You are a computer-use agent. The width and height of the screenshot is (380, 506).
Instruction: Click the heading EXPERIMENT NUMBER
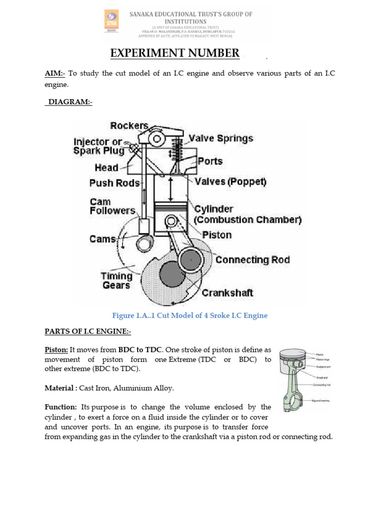point(174,53)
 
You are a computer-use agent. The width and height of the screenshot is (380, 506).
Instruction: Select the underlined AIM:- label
point(55,73)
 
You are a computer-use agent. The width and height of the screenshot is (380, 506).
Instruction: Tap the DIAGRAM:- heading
point(70,102)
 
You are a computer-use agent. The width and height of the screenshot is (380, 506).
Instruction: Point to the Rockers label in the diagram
point(130,126)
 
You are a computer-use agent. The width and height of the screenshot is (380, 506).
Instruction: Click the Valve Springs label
point(221,138)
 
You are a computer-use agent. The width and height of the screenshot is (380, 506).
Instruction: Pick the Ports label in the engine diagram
point(210,161)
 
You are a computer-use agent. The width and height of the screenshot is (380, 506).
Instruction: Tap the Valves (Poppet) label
point(231,182)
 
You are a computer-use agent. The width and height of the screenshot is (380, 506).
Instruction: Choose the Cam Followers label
point(112,206)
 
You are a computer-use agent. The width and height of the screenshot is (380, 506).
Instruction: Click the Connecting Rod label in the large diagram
point(253,259)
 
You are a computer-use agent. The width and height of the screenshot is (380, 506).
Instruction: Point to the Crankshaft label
point(228,293)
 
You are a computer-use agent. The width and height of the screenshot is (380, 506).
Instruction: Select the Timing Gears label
point(117,280)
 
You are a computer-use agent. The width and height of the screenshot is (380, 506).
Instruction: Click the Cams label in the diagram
point(102,239)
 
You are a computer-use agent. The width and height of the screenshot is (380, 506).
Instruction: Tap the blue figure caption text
point(190,315)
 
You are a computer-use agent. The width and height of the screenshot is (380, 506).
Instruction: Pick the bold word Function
point(61,407)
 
